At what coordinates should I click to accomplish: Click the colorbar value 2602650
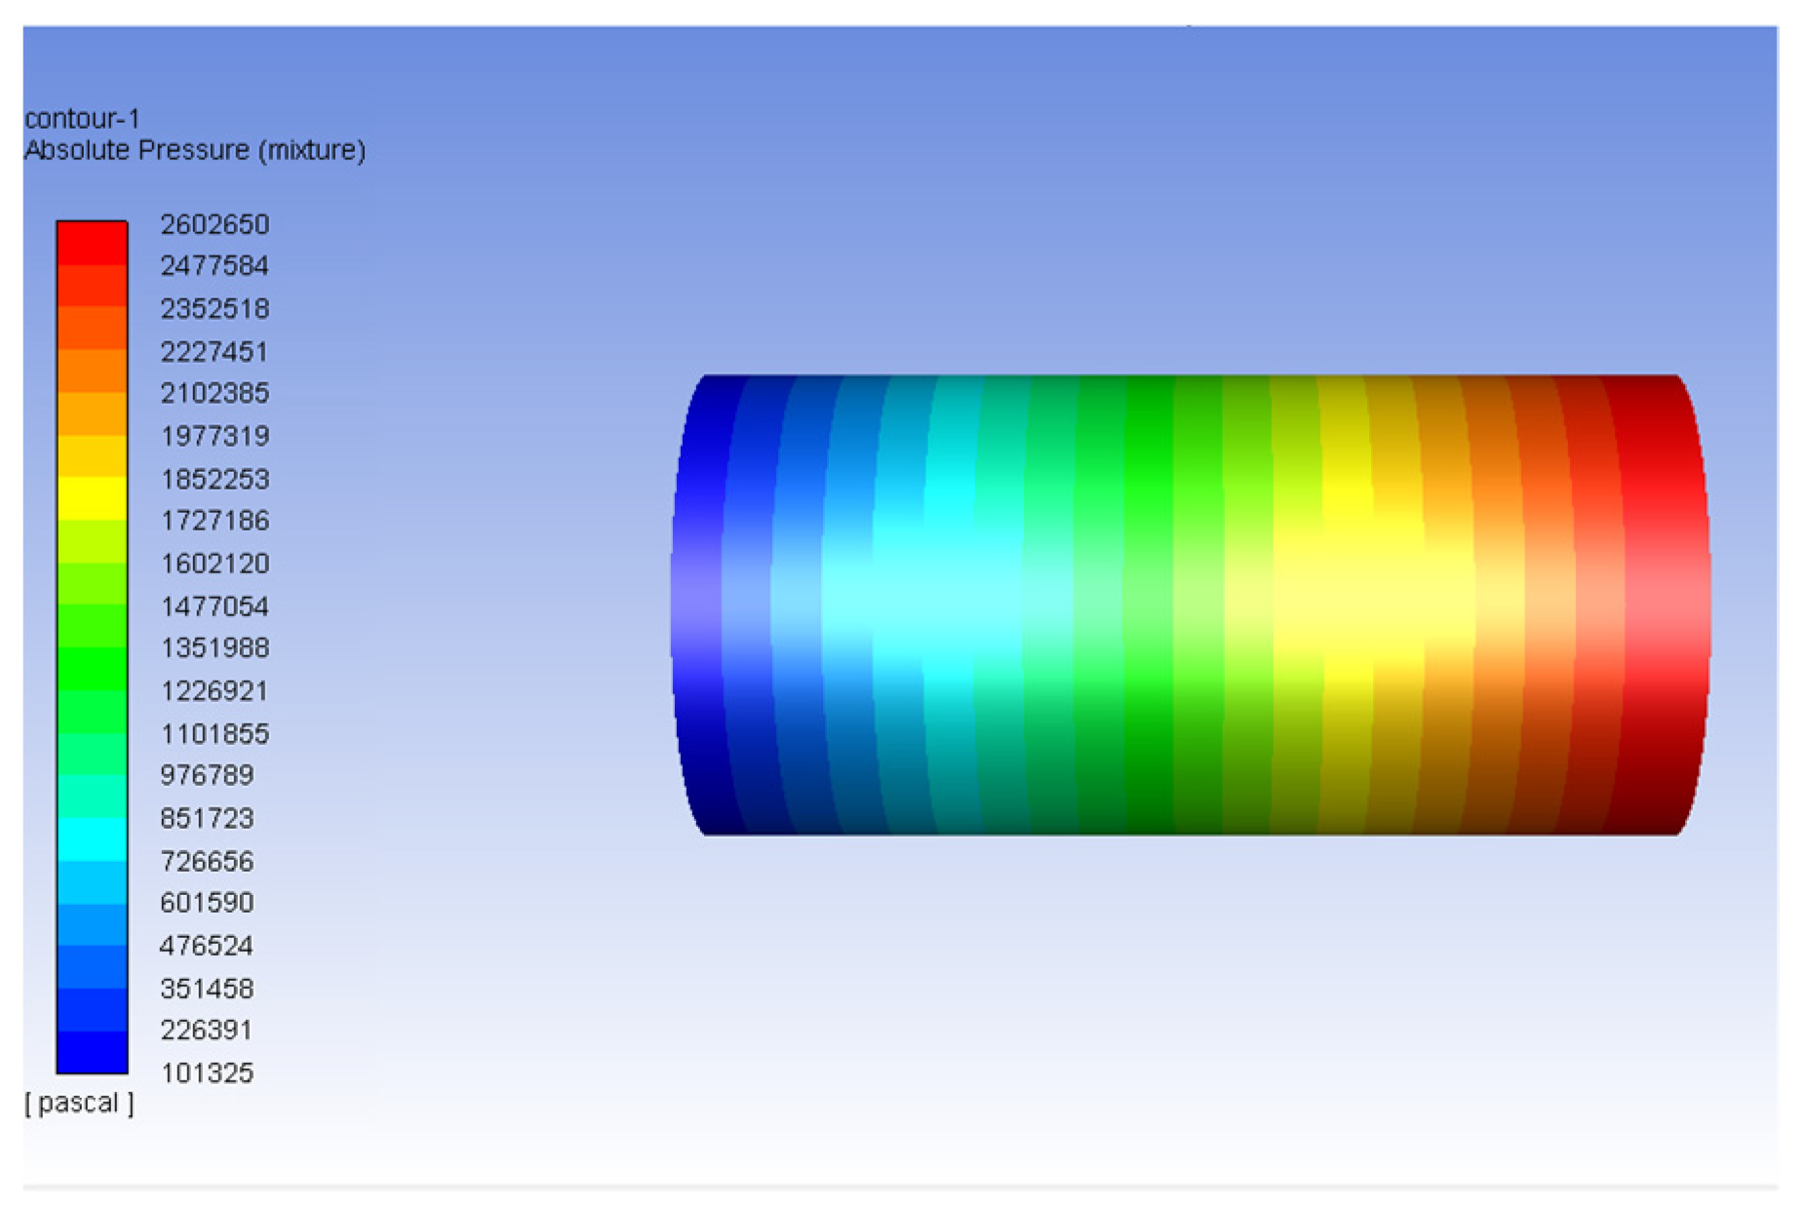215,224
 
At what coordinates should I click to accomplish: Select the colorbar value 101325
207,1073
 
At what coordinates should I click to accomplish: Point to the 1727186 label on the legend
215,521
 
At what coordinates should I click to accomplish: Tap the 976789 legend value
207,775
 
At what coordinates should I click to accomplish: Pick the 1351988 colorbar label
215,647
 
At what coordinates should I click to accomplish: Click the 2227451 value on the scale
215,351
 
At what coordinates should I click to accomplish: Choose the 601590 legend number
207,903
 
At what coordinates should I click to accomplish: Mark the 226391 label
207,1030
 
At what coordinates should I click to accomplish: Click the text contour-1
83,119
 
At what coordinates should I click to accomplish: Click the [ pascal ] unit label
79,1103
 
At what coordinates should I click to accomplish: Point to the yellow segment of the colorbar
92,498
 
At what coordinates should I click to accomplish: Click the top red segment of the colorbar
92,244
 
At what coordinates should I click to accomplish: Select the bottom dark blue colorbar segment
92,1052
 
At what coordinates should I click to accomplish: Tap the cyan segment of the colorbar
92,839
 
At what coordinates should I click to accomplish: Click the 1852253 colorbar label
215,479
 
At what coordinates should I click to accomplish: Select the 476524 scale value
207,946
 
